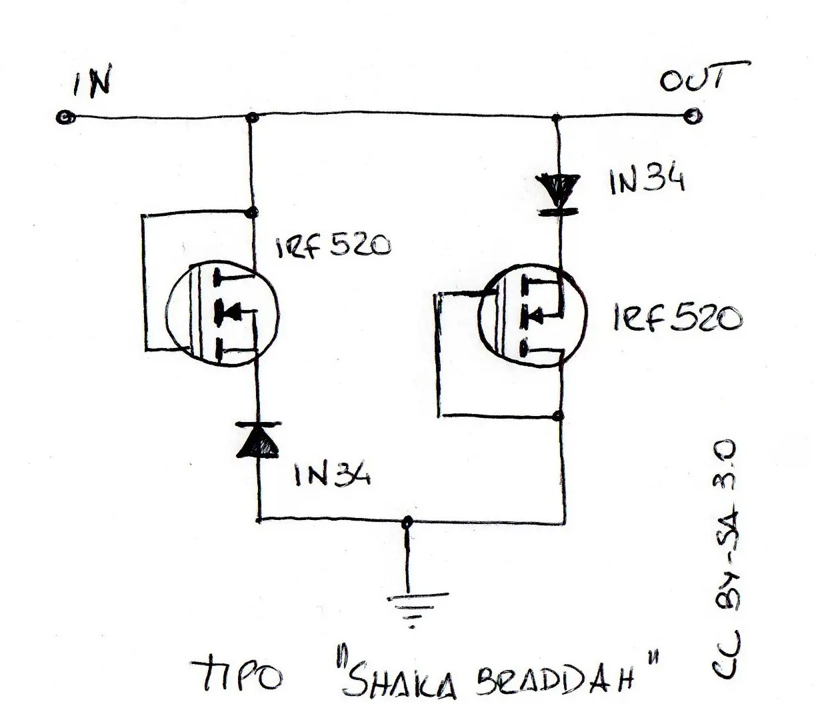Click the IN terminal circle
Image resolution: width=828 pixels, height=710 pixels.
pyautogui.click(x=65, y=118)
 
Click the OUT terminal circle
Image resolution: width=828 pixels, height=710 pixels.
pyautogui.click(x=693, y=117)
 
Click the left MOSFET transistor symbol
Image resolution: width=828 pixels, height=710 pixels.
pyautogui.click(x=222, y=314)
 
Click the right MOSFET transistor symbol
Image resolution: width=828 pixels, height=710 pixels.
pyautogui.click(x=533, y=317)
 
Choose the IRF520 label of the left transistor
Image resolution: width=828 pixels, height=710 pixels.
pyautogui.click(x=333, y=247)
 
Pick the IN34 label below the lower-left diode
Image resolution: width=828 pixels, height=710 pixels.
pyautogui.click(x=333, y=475)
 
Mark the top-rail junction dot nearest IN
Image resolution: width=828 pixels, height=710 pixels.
pyautogui.click(x=251, y=117)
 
